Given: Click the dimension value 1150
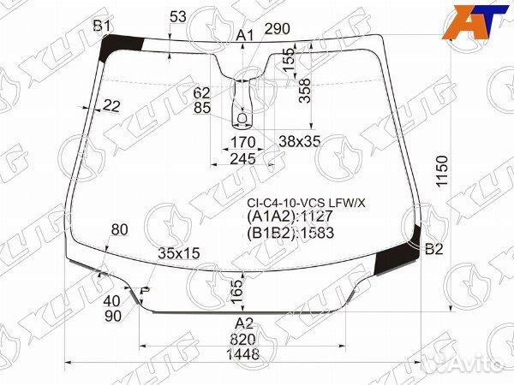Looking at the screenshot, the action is tap(442, 171).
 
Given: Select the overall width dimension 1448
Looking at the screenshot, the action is tap(243, 354).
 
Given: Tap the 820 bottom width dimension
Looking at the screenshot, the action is tap(243, 339).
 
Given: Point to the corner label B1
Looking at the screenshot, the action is tap(102, 25).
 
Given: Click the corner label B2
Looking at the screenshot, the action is tap(434, 249).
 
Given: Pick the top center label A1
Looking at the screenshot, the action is tap(245, 35).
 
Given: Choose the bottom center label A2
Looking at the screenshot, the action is tap(244, 323).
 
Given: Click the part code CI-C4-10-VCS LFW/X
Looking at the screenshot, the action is tap(306, 204).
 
